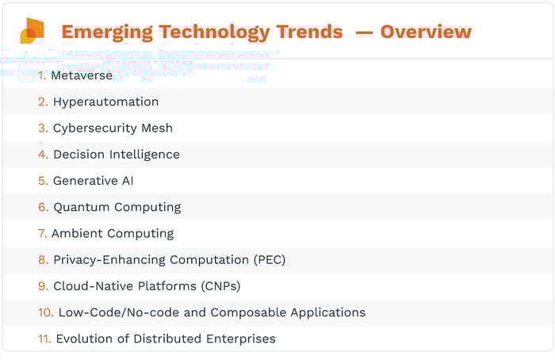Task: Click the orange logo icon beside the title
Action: coord(32,31)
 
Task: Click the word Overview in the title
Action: coord(426,32)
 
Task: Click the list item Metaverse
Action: coord(82,76)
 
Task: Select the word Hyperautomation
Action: coord(105,101)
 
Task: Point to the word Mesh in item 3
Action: coord(156,128)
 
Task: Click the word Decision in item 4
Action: coord(79,154)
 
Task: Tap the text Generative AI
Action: coord(93,180)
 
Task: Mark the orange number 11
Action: coord(44,339)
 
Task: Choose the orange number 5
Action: coord(43,180)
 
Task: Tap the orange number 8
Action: coord(43,259)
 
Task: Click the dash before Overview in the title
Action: coord(363,32)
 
